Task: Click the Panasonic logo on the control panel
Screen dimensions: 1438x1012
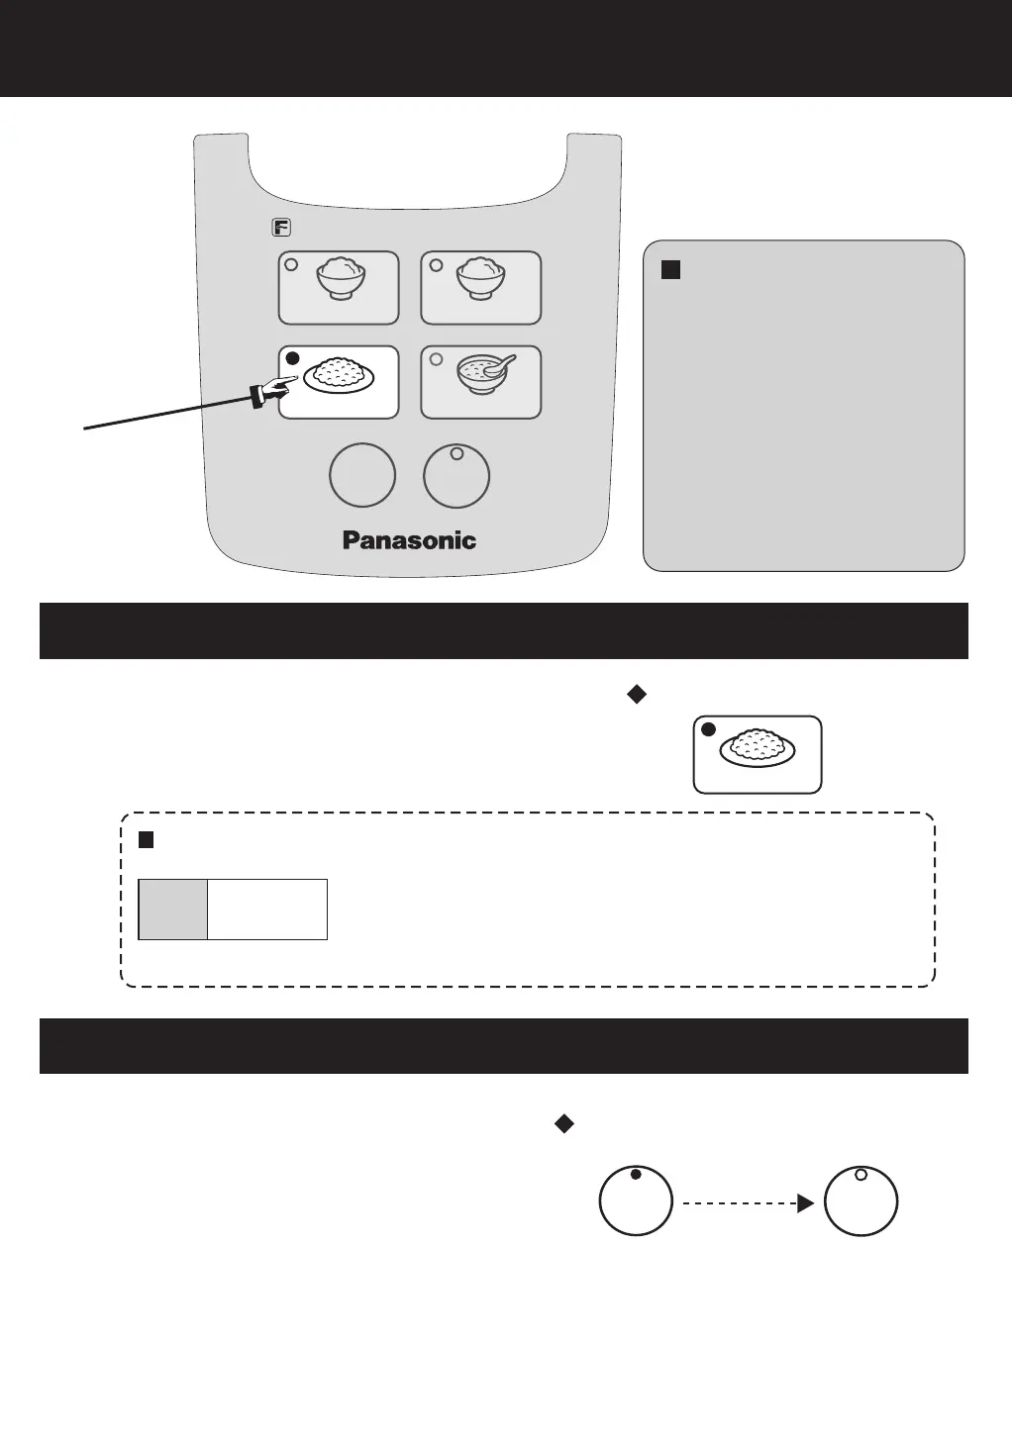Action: coord(409,540)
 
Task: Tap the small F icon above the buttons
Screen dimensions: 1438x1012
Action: coord(281,228)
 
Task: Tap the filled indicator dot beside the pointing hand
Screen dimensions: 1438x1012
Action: coord(292,358)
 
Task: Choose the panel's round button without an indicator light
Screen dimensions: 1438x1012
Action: coord(362,475)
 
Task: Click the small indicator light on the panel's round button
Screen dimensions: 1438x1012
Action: coord(456,454)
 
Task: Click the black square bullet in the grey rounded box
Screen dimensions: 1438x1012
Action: coord(670,269)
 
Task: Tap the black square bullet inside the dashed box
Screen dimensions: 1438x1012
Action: coord(147,840)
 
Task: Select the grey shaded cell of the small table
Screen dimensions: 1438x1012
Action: coord(173,909)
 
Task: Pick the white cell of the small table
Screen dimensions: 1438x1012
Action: coord(267,909)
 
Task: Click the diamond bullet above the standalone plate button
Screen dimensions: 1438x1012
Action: coord(637,695)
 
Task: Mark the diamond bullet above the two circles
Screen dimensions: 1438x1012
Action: coord(563,1123)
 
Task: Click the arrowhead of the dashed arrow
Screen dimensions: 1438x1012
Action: coord(806,1203)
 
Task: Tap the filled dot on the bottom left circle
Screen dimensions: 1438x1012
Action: coord(636,1175)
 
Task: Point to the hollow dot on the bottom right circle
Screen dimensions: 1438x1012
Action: coord(860,1175)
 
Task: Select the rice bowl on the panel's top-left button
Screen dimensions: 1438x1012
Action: coord(341,279)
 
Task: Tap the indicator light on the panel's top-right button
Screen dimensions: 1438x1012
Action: coord(436,265)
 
